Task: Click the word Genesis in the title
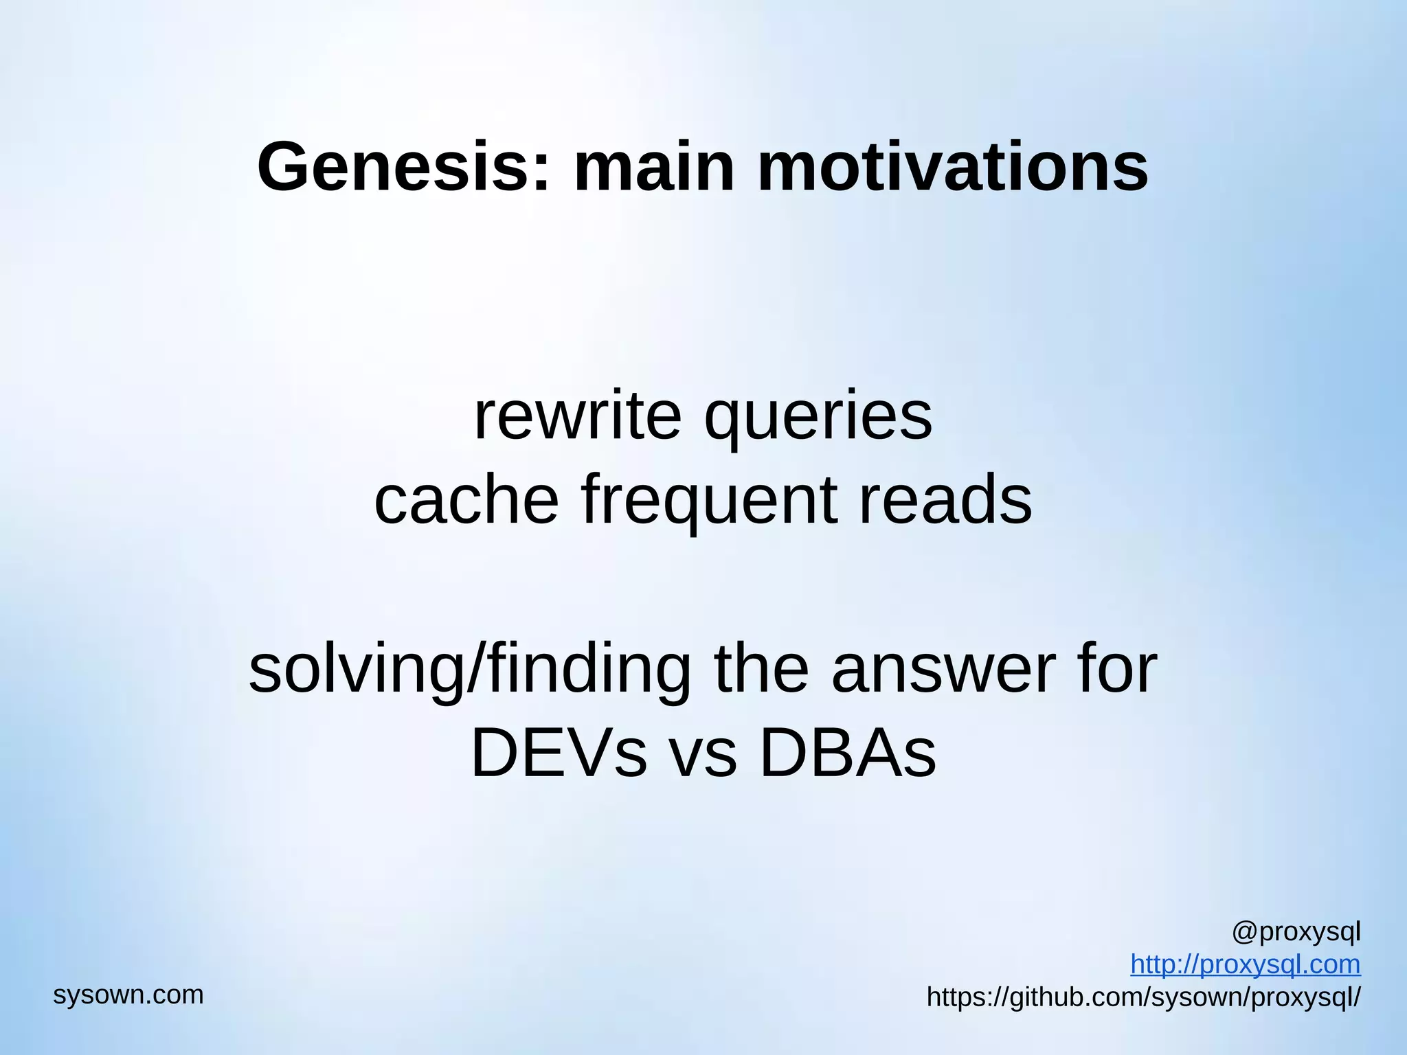394,167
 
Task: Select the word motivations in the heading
952,167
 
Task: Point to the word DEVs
559,753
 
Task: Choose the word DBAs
848,753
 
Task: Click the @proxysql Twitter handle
1296,933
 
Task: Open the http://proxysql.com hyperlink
1245,964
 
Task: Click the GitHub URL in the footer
1143,997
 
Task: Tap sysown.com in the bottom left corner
128,995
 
